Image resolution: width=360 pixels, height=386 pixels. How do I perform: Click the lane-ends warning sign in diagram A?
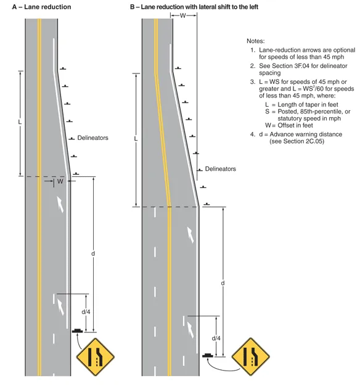[x=95, y=357]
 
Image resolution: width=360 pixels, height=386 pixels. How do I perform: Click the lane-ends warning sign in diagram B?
[x=251, y=356]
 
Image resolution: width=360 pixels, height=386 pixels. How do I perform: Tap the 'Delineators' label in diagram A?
[x=92, y=138]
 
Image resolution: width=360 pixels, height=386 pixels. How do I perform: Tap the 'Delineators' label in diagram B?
[x=221, y=169]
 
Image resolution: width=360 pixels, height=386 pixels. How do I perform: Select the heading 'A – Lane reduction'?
[x=41, y=7]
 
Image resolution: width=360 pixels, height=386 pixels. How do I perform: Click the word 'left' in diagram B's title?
[x=253, y=7]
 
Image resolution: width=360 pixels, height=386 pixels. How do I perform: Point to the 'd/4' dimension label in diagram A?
[x=86, y=312]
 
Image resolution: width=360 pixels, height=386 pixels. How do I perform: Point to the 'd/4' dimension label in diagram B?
[x=216, y=339]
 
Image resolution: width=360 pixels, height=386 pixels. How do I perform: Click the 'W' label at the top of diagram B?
[x=183, y=16]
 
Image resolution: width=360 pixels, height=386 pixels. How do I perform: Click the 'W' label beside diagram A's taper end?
[x=60, y=181]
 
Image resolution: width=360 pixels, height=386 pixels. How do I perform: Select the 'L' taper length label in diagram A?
[x=20, y=122]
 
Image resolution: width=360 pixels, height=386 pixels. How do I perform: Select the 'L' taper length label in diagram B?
[x=136, y=139]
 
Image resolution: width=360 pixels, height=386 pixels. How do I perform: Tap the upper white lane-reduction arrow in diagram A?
[x=60, y=204]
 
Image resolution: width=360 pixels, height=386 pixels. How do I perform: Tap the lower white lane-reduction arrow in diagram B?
[x=190, y=330]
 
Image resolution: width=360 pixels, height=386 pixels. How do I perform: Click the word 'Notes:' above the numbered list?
[x=256, y=41]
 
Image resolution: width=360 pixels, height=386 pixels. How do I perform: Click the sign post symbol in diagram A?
[x=77, y=331]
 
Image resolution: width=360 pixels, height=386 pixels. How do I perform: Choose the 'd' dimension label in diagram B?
[x=223, y=283]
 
